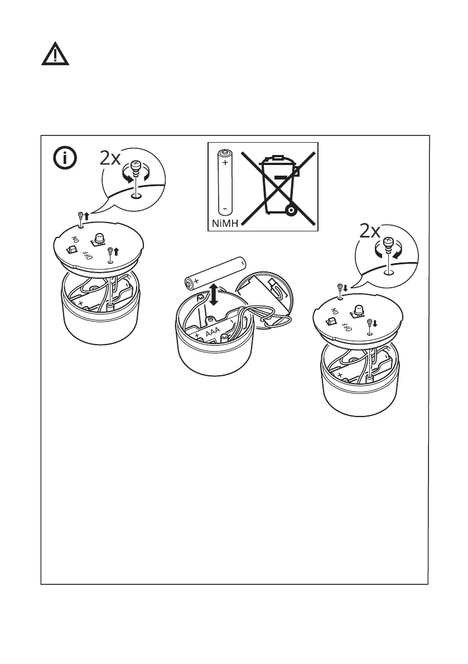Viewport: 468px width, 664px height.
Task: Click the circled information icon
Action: point(65,158)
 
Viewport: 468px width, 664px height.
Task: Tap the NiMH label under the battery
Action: point(224,224)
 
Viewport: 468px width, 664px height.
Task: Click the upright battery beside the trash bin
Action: point(225,183)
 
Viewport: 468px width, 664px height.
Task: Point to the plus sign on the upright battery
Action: point(225,163)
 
